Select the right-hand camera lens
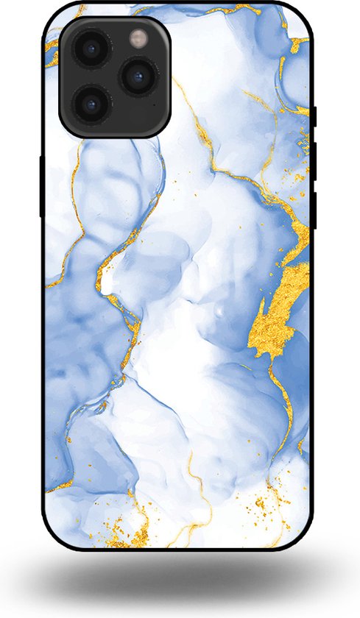(138, 75)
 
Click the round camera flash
(138, 37)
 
